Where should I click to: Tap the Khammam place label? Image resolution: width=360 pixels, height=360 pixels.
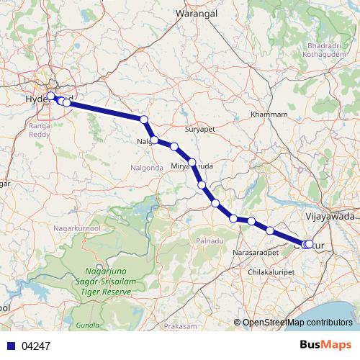(269, 114)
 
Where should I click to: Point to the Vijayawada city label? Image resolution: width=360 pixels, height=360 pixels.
(330, 215)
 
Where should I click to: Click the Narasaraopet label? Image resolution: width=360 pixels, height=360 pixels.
(256, 254)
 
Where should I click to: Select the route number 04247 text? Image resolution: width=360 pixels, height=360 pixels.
(36, 346)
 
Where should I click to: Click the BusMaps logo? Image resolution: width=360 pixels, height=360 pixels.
(329, 345)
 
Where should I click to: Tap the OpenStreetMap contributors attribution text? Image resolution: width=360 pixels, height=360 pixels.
(297, 322)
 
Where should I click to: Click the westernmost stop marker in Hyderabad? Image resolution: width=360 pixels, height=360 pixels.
(51, 96)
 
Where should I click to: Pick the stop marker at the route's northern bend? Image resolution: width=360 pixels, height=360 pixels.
(144, 120)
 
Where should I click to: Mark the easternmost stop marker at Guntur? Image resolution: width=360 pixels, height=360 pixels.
(310, 244)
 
